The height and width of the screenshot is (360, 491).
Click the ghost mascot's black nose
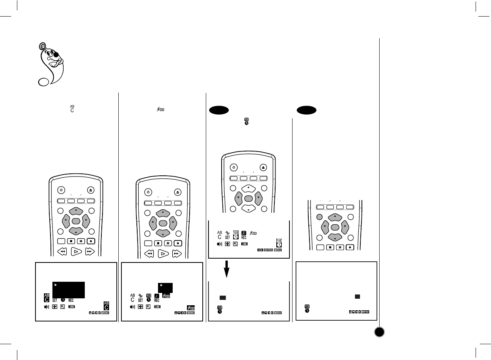click(56, 55)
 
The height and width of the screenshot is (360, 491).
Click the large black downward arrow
click(227, 268)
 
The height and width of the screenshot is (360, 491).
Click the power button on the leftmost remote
click(62, 190)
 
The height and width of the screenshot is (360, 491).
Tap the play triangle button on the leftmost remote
click(76, 252)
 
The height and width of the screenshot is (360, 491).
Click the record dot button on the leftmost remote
click(91, 241)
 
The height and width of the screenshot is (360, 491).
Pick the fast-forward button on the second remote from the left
click(177, 254)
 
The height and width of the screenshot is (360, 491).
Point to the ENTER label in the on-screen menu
click(269, 250)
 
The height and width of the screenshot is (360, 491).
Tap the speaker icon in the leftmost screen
click(46, 307)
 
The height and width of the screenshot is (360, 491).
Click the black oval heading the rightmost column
click(307, 110)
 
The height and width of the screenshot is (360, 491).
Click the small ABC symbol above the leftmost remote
click(72, 109)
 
